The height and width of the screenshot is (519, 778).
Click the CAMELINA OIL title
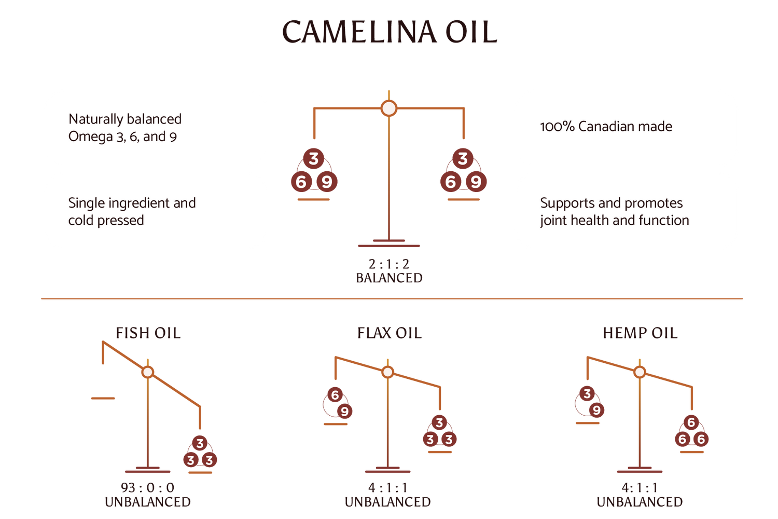pyautogui.click(x=389, y=32)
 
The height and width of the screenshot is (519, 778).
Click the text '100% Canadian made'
pyautogui.click(x=606, y=127)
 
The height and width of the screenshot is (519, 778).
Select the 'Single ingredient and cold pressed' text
pyautogui.click(x=132, y=211)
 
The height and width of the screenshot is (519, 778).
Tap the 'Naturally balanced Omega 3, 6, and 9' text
pyautogui.click(x=125, y=128)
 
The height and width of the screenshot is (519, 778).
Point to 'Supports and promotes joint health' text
pyautogui.click(x=614, y=211)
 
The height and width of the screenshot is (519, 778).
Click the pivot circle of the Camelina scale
pyautogui.click(x=388, y=108)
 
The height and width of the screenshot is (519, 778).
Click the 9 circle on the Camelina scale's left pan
pyautogui.click(x=326, y=182)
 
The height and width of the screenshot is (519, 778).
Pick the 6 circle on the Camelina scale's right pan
pyautogui.click(x=450, y=182)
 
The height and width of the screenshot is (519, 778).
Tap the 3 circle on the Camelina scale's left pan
pyautogui.click(x=313, y=159)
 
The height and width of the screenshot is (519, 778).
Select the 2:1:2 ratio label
pyautogui.click(x=389, y=264)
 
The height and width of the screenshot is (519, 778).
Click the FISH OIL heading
pyautogui.click(x=148, y=333)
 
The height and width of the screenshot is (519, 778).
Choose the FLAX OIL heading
pyautogui.click(x=389, y=333)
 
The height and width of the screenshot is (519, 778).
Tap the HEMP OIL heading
pyautogui.click(x=640, y=333)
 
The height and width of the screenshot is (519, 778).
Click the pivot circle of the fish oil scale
pyautogui.click(x=148, y=372)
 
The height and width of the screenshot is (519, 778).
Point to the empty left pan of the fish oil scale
pyautogui.click(x=103, y=399)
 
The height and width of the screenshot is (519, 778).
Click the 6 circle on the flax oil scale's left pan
pyautogui.click(x=335, y=395)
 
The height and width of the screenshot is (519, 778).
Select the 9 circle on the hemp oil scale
pyautogui.click(x=596, y=411)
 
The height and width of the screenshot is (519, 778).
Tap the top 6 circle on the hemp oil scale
pyautogui.click(x=691, y=422)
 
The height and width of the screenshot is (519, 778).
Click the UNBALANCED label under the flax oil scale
pyautogui.click(x=387, y=502)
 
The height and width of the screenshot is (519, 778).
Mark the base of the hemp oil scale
pyautogui.click(x=640, y=471)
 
